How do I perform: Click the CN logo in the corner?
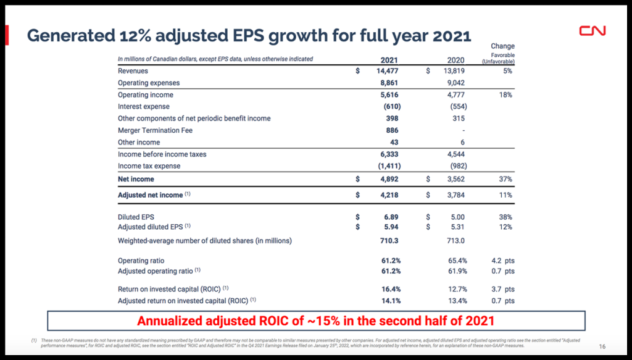pyautogui.click(x=592, y=31)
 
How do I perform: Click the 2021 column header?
pyautogui.click(x=389, y=60)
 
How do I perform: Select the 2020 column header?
pyautogui.click(x=455, y=60)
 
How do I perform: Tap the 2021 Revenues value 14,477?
pyautogui.click(x=386, y=72)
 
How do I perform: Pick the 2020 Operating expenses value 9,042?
pyautogui.click(x=455, y=83)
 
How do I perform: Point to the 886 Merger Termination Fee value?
pyautogui.click(x=392, y=130)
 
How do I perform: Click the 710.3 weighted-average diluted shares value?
pyautogui.click(x=389, y=240)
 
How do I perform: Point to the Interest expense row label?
pyautogui.click(x=144, y=106)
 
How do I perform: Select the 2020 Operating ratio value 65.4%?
pyautogui.click(x=457, y=261)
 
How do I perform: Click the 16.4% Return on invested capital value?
pyautogui.click(x=391, y=289)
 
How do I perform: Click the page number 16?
pyautogui.click(x=602, y=346)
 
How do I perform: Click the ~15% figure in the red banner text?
pyautogui.click(x=329, y=321)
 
